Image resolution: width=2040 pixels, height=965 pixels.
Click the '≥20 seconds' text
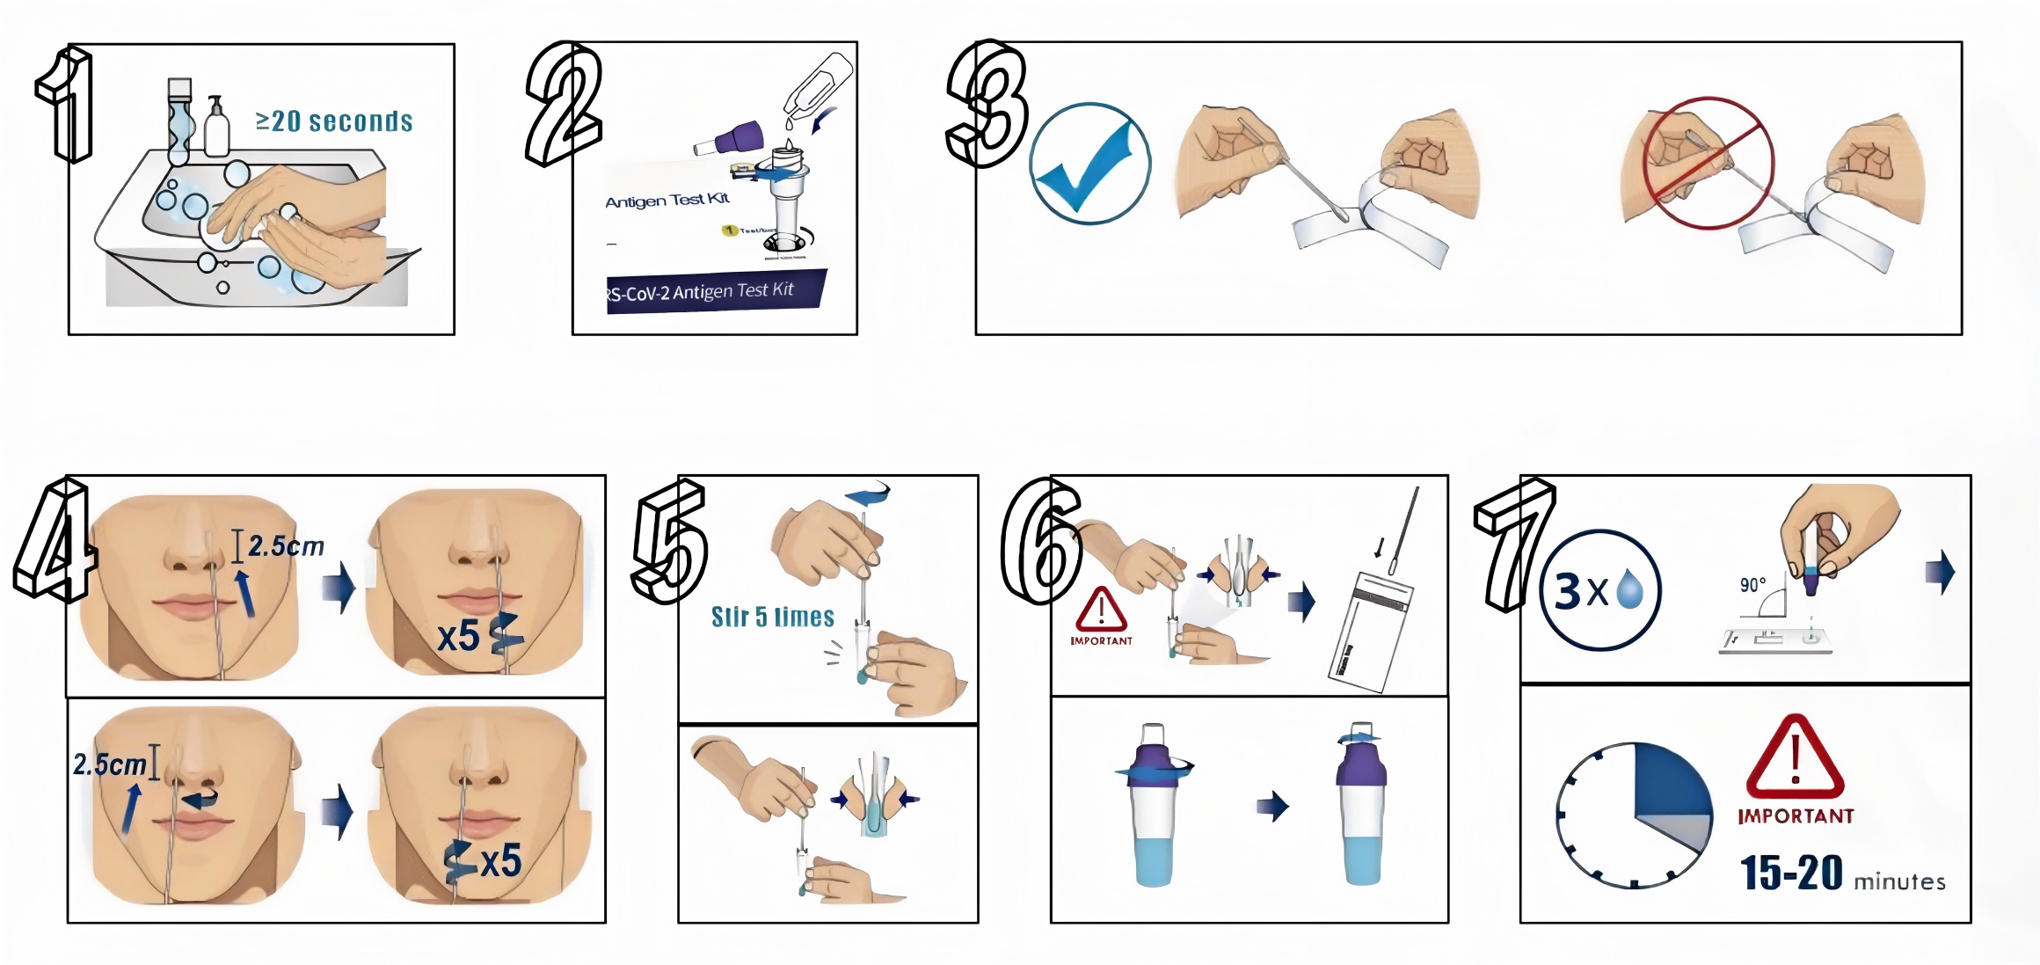(x=334, y=121)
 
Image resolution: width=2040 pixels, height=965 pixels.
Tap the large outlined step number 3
(x=987, y=104)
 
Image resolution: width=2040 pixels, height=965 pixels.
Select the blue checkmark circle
(x=1090, y=164)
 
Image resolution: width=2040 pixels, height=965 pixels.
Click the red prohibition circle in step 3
(x=1708, y=164)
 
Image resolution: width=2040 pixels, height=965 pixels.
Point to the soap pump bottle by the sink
(x=216, y=128)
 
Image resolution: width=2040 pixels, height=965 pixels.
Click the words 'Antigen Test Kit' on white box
(x=667, y=201)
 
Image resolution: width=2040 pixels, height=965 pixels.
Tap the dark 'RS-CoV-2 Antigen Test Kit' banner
(x=714, y=291)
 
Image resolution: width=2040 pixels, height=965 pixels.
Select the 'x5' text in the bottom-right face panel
(x=500, y=860)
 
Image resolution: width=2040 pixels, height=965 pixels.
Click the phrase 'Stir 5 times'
(x=772, y=617)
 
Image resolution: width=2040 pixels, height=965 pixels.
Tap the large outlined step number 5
(x=670, y=541)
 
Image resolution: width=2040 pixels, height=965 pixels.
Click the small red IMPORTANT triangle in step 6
(x=1101, y=610)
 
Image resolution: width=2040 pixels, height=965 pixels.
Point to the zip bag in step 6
(x=1370, y=631)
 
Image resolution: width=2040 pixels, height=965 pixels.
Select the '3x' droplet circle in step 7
(x=1600, y=590)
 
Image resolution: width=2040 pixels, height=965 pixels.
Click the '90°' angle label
(x=1752, y=586)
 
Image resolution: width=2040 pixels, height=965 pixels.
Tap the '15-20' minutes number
(x=1791, y=874)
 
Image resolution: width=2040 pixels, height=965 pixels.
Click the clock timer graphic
(x=1634, y=815)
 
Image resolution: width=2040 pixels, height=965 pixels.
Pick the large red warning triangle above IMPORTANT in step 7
(x=1795, y=758)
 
